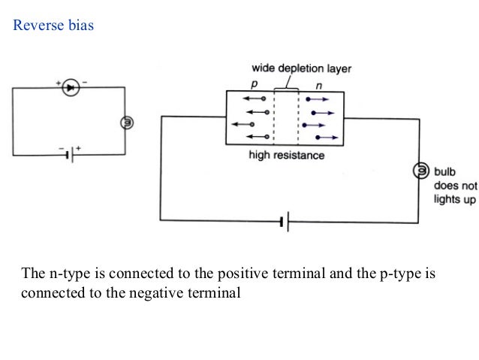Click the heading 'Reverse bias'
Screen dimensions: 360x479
53,26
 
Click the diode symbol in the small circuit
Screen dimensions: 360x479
70,88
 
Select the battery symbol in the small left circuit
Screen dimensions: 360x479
71,156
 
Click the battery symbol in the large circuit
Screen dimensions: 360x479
285,222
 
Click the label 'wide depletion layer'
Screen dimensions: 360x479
301,68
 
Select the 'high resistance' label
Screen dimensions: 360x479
287,156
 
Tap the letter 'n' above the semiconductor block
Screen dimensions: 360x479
318,84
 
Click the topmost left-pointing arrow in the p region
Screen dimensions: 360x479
253,98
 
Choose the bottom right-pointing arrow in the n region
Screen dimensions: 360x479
329,138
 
